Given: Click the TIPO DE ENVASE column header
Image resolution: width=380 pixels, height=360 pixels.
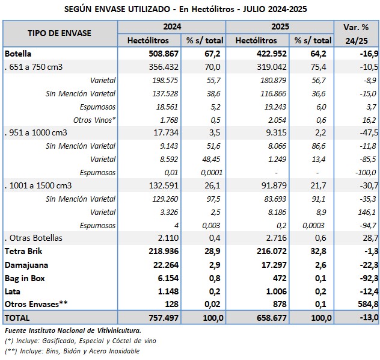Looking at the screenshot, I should [60, 33].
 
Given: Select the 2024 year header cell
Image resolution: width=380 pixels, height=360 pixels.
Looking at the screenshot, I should [171, 27].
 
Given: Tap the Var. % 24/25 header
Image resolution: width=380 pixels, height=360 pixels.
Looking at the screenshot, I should [357, 34].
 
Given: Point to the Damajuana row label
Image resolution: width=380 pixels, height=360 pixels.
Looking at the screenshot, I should [26, 264].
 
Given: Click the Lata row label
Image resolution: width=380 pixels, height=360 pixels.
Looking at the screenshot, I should [13, 291].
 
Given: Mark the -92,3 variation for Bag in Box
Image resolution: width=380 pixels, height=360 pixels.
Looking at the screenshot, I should [366, 278].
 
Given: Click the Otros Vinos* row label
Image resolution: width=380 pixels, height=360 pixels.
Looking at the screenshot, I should [95, 119].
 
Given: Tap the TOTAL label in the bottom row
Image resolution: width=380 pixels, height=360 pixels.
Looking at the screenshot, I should [17, 317].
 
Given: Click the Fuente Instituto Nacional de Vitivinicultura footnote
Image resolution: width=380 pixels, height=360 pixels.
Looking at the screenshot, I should [73, 330].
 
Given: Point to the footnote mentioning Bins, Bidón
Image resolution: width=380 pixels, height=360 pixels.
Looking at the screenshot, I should [72, 350].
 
